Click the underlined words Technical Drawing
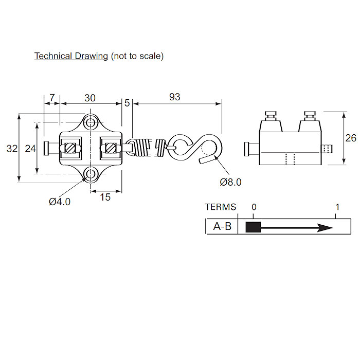71,56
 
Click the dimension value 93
175,97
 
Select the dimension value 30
90,98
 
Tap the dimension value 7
52,98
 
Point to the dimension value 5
127,102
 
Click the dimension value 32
11,149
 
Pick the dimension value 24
30,149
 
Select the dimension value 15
105,196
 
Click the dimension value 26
351,138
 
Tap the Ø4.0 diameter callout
60,202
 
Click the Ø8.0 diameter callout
230,182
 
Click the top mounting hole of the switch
91,122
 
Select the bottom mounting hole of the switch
91,173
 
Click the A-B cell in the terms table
222,226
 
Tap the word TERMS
221,207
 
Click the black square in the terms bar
254,227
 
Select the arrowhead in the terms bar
325,227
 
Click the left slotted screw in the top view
71,148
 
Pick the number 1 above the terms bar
337,207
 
